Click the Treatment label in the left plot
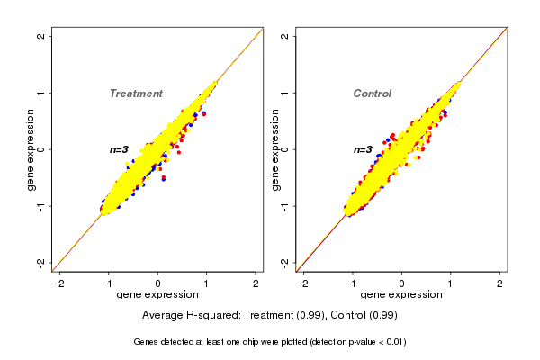pos(136,94)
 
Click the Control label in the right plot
pos(372,94)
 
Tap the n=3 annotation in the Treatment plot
pos(121,149)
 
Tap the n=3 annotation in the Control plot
pos(364,149)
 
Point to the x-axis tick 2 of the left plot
pos(256,283)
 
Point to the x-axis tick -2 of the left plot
pos(59,283)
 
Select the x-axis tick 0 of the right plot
pos(401,283)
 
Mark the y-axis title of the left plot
pos(31,149)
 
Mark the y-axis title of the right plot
pos(274,149)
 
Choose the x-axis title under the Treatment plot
pos(157,295)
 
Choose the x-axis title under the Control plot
pos(401,295)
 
